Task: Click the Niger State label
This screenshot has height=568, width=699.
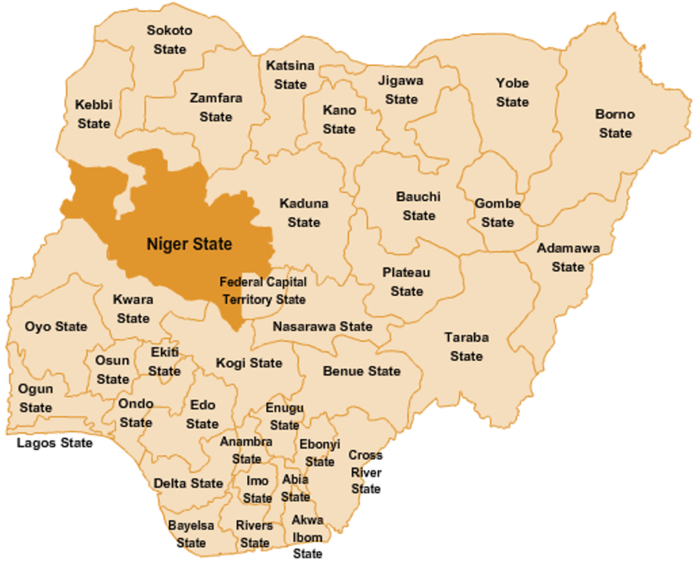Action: pos(189,244)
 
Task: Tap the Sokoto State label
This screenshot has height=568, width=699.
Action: pos(169,40)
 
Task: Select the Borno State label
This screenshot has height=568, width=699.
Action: pos(615,123)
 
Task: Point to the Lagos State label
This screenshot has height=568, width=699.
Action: pos(55,443)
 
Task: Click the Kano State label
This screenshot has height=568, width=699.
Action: pos(339,119)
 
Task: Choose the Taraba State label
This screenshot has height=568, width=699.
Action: pos(466,346)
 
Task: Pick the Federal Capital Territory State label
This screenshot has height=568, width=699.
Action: pos(263,290)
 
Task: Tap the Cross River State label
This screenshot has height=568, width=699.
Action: pos(366,472)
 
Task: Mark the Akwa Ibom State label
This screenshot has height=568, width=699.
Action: pos(307,537)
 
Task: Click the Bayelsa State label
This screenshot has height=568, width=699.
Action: pos(191,534)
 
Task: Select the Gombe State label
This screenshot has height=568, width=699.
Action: pos(498,213)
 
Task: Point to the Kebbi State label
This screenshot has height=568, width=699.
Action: pos(94,114)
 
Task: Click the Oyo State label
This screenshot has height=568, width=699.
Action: pos(56,327)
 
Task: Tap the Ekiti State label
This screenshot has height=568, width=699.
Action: pos(165,361)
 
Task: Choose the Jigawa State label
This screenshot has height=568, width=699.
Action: pos(401,90)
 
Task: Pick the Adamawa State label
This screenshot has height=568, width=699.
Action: pos(568,257)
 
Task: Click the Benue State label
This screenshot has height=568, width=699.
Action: pos(362,372)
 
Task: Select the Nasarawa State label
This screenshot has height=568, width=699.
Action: pos(322,327)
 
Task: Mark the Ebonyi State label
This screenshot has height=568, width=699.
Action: pos(319,453)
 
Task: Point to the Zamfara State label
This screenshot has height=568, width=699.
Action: pos(216,107)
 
